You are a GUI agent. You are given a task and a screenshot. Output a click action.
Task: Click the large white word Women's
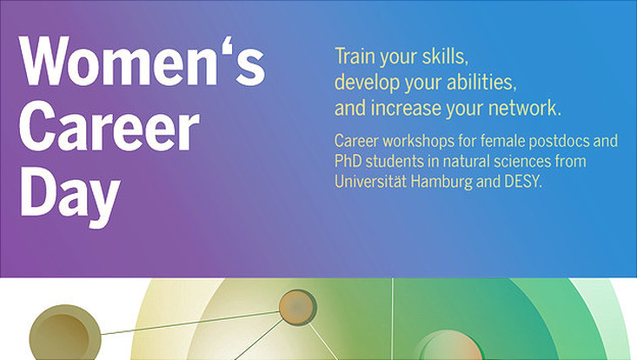pyautogui.click(x=143, y=62)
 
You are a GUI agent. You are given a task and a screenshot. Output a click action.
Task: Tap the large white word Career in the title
pyautogui.click(x=109, y=126)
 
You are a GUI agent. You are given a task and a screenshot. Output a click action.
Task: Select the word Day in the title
pyautogui.click(x=70, y=195)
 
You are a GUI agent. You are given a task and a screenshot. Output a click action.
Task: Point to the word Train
pyautogui.click(x=355, y=56)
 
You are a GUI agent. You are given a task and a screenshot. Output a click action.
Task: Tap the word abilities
pyautogui.click(x=481, y=83)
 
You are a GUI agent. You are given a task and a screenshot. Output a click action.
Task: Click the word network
pyautogui.click(x=525, y=109)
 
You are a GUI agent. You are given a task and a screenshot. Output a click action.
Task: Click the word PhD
pyautogui.click(x=348, y=162)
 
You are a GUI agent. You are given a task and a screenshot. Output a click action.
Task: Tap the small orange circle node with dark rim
pyautogui.click(x=297, y=308)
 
